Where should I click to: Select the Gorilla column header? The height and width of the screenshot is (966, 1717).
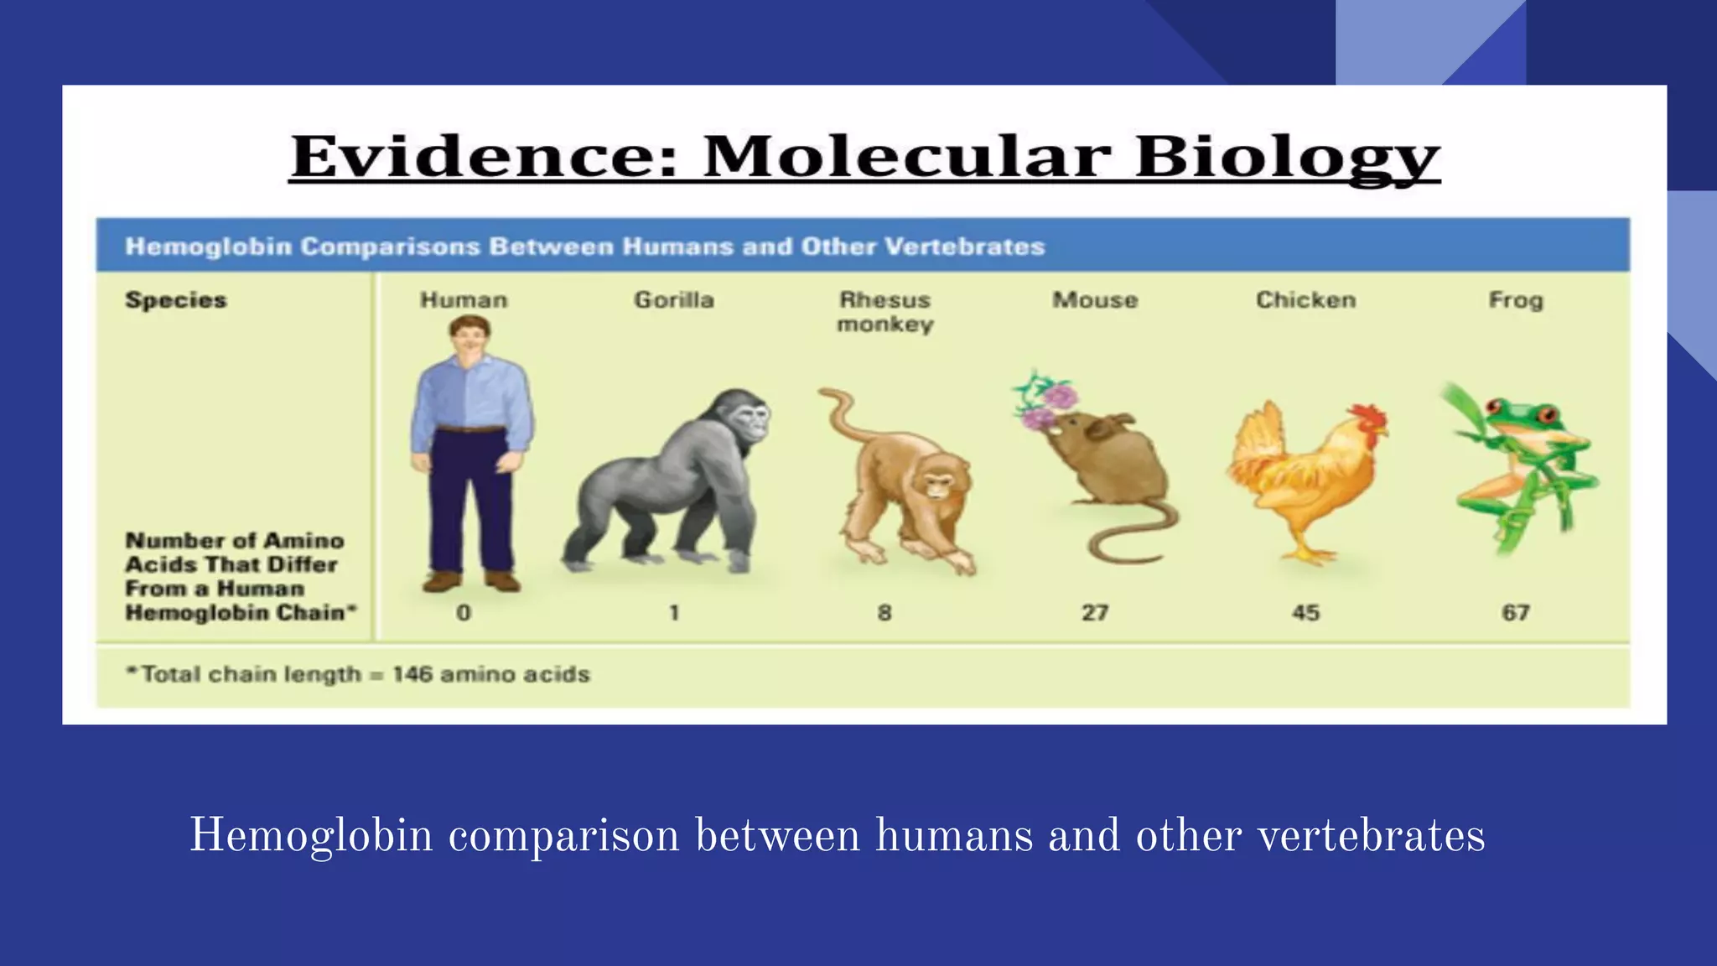coord(674,300)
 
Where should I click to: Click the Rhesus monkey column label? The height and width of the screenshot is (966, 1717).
coord(884,312)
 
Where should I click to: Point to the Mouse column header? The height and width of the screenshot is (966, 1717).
coord(1095,300)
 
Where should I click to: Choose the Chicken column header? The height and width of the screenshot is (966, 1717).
coord(1305,300)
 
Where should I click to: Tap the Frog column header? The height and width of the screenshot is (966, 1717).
coord(1515,300)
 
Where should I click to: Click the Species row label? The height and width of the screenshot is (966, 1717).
coord(176,300)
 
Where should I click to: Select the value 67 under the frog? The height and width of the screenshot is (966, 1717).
coord(1515,613)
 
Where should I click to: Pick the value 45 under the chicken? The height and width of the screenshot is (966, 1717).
coord(1305,613)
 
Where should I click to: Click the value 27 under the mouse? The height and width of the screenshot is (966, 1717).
coord(1095,613)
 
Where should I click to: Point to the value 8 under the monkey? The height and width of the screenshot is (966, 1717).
coord(884,613)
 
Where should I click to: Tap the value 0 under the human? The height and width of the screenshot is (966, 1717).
coord(464,613)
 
